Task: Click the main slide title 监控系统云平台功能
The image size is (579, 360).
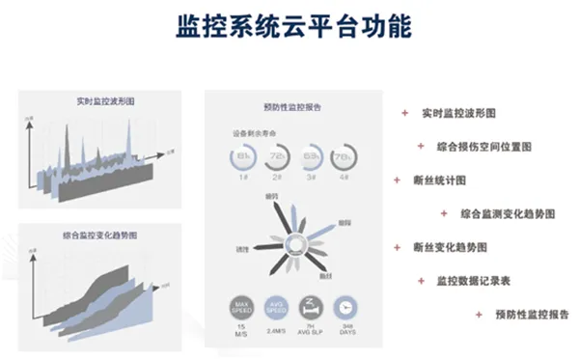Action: [289, 25]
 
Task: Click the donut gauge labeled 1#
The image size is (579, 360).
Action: [242, 156]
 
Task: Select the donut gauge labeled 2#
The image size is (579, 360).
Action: [277, 156]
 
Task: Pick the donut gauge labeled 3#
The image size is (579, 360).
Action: [312, 156]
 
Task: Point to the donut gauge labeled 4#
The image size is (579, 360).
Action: [345, 156]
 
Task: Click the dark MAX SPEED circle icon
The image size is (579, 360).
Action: [241, 308]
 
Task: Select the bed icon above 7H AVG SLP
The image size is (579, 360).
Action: [310, 308]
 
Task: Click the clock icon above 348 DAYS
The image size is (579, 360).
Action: [345, 308]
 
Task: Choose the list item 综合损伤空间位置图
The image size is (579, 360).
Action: [484, 147]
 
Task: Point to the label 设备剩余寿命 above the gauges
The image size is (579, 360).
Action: [252, 133]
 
